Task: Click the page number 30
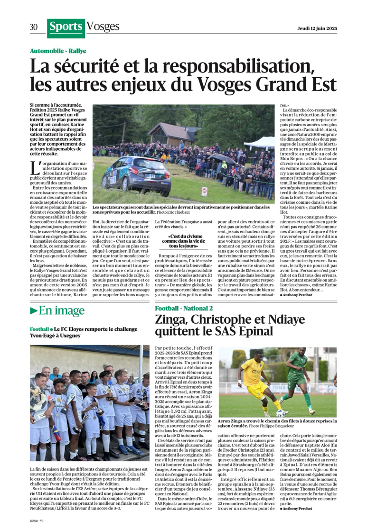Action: pyautogui.click(x=34, y=27)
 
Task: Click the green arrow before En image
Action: pyautogui.click(x=34, y=311)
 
